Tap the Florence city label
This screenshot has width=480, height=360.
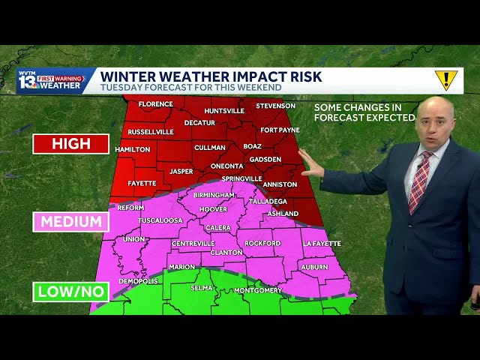[155, 103]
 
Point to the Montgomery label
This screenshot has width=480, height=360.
[257, 290]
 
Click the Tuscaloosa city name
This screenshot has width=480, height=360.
[161, 220]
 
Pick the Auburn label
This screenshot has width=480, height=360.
[314, 266]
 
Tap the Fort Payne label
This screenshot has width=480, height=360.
[280, 130]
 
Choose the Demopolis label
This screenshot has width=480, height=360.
[139, 280]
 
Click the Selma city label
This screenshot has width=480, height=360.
[201, 288]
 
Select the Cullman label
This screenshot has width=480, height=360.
[209, 148]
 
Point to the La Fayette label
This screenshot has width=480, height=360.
[321, 243]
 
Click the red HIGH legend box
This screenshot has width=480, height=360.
[71, 143]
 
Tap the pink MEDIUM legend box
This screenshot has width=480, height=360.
[71, 221]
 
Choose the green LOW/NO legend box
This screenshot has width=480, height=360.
[71, 291]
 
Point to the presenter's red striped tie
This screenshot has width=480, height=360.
[419, 180]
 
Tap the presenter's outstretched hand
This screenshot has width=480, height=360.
[310, 164]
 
